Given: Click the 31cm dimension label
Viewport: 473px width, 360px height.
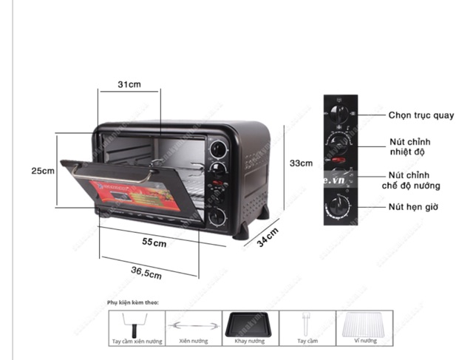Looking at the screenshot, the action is click(129, 85).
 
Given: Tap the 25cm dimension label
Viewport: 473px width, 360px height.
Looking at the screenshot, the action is click(43, 171).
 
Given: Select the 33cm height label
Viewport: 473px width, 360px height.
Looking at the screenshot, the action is click(301, 163).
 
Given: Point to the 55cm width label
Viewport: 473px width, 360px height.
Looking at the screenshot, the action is click(154, 242).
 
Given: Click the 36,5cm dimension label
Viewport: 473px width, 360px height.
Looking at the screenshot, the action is click(146, 273).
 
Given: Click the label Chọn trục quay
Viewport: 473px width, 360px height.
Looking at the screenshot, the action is click(421, 115).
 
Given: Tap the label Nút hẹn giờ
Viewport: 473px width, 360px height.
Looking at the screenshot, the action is click(414, 207).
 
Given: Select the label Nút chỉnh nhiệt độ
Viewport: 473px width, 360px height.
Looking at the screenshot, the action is click(410, 146).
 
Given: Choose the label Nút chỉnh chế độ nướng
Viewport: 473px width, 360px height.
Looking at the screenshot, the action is click(411, 180).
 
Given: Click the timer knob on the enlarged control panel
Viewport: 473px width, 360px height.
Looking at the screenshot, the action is click(341, 205).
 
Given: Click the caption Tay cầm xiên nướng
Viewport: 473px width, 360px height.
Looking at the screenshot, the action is click(136, 342).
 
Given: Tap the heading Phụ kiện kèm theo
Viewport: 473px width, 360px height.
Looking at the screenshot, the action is click(132, 302).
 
